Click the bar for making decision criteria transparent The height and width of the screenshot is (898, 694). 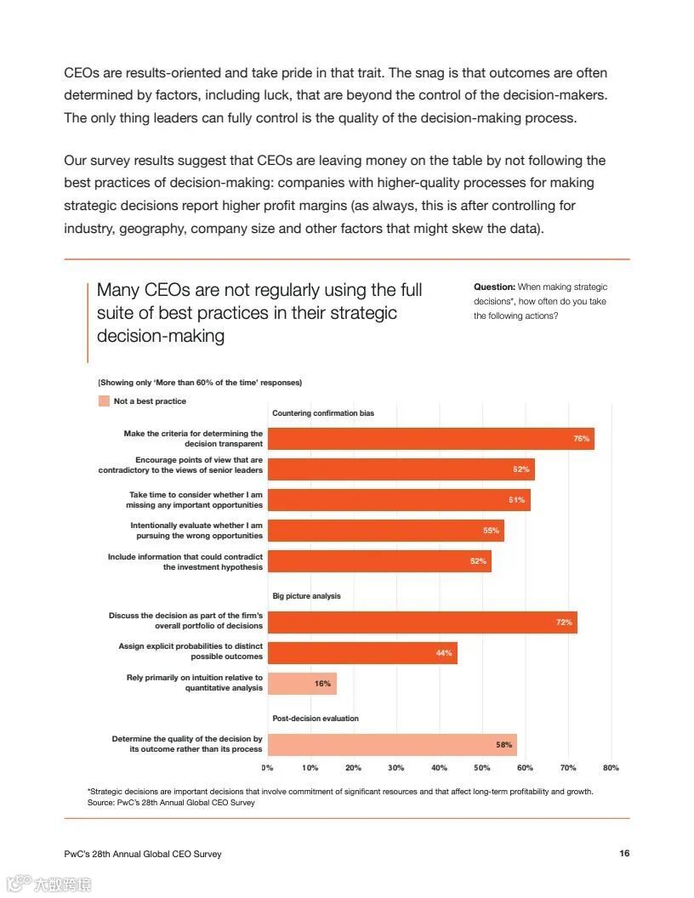[430, 439]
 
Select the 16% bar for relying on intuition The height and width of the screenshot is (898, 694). [302, 684]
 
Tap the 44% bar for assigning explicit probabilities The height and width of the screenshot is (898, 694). [362, 653]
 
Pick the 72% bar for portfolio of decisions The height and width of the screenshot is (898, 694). [422, 622]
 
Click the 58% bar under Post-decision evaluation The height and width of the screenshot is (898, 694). [392, 745]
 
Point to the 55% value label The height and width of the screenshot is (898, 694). [491, 531]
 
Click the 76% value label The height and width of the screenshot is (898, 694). [581, 439]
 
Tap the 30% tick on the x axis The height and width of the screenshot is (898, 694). [396, 768]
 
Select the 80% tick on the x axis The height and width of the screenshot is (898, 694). [611, 768]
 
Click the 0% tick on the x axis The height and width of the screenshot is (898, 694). [267, 768]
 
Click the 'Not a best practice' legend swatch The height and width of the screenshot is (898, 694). [104, 401]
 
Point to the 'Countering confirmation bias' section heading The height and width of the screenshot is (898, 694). [323, 413]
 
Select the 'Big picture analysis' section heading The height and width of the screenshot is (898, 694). [306, 596]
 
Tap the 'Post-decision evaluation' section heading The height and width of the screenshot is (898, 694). [316, 719]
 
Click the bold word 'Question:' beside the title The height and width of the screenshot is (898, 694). [494, 287]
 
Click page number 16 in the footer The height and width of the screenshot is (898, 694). [624, 854]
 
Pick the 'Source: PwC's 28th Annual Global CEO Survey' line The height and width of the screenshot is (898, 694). [171, 802]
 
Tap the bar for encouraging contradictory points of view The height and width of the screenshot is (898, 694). [401, 469]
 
